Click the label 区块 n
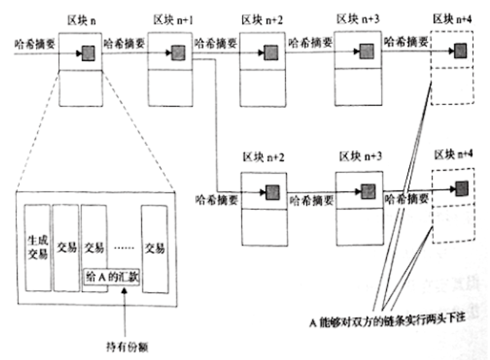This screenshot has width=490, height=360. pyautogui.click(x=80, y=19)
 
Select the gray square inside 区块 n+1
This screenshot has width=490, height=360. pyautogui.click(x=177, y=52)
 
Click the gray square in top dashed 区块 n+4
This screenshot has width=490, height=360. pyautogui.click(x=461, y=49)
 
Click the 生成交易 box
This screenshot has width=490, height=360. pyautogui.click(x=37, y=246)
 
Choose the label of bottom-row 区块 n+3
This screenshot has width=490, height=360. pyautogui.click(x=358, y=156)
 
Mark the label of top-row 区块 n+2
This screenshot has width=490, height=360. pyautogui.click(x=263, y=20)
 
